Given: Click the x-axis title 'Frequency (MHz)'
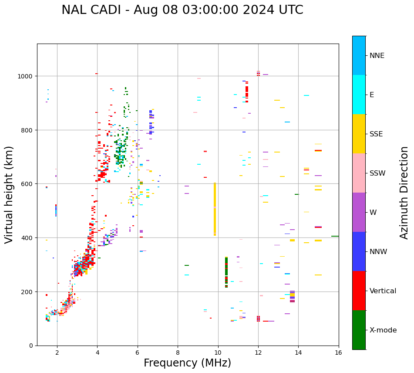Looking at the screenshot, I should (187, 363).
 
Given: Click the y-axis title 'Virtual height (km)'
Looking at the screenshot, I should (9, 194).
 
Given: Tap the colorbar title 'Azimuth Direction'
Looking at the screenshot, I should (404, 193).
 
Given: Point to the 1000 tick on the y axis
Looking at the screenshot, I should (27, 76).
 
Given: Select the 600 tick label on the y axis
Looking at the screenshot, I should (28, 184).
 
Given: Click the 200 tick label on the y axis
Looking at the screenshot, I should (28, 292).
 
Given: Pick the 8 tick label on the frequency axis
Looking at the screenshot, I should (178, 353).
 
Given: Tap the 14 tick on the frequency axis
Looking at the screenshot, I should (298, 353).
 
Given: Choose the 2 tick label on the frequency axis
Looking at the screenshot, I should (57, 353).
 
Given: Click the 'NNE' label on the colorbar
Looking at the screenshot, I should (377, 55).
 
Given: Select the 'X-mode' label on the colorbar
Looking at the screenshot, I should (383, 330).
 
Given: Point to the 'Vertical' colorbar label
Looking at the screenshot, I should (383, 291).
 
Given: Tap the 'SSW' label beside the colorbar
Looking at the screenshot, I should (377, 173).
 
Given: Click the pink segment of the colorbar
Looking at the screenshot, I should (359, 173).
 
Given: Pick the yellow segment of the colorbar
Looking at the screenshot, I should (359, 134).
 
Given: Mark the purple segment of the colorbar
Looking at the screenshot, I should (359, 212).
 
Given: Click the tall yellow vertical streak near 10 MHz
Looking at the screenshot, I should (215, 209).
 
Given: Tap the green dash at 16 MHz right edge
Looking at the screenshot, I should (335, 236).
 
